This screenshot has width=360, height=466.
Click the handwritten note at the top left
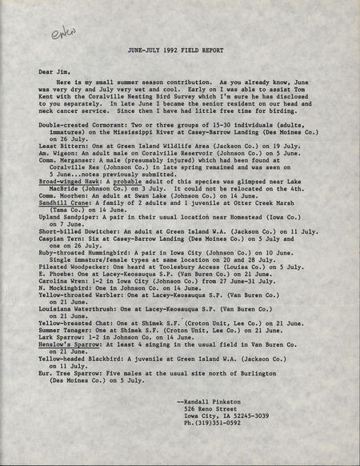pyautogui.click(x=62, y=33)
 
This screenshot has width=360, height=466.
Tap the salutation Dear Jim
pyautogui.click(x=56, y=71)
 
